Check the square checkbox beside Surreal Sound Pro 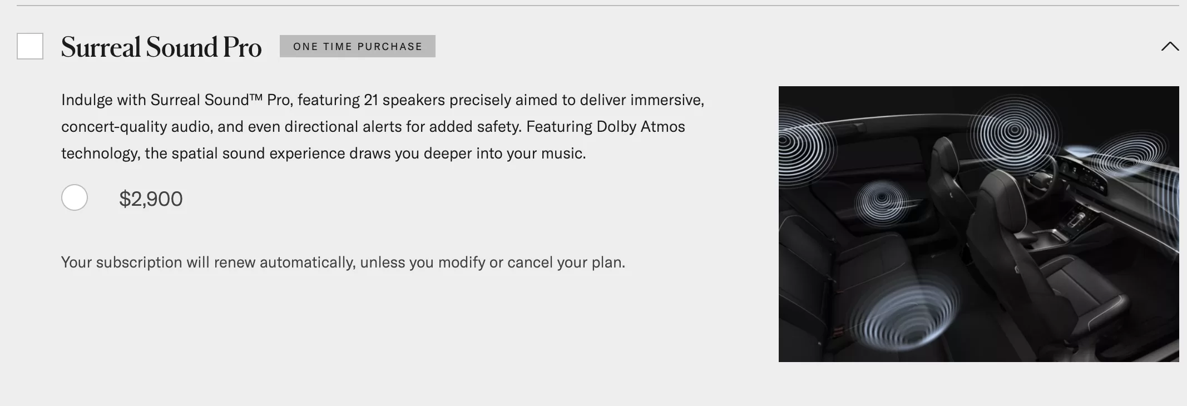point(30,46)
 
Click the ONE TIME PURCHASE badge point(358,46)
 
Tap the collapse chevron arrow point(1170,46)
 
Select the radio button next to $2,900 point(75,197)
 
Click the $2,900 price point(151,199)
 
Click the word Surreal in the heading point(101,47)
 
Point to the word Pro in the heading point(242,47)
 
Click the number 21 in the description point(371,100)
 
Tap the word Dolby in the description point(616,127)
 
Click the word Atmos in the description point(662,127)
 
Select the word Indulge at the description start point(87,101)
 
